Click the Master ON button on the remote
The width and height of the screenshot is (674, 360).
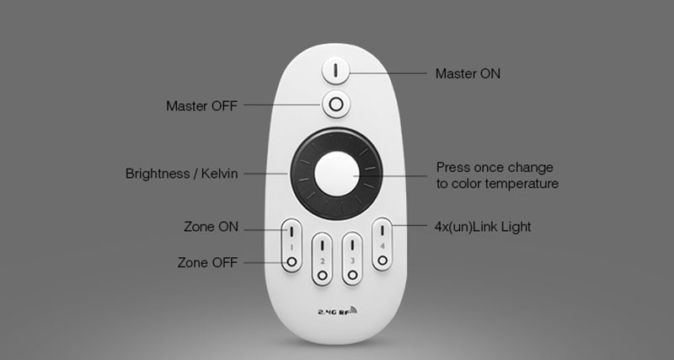pos(335,71)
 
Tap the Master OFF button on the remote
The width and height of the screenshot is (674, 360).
pos(335,105)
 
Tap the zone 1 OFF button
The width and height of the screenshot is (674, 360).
pos(291,262)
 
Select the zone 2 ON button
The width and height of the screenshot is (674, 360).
pos(322,246)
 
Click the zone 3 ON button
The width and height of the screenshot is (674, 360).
pos(353,246)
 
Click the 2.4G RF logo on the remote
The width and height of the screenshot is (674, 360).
pos(336,311)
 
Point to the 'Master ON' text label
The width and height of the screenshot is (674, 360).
pos(468,73)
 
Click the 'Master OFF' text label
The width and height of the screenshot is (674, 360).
pos(201,105)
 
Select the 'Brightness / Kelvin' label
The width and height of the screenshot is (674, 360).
pos(181,174)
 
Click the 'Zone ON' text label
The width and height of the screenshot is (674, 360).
pos(211,227)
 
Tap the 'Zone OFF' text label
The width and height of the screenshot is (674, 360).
pos(208,262)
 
